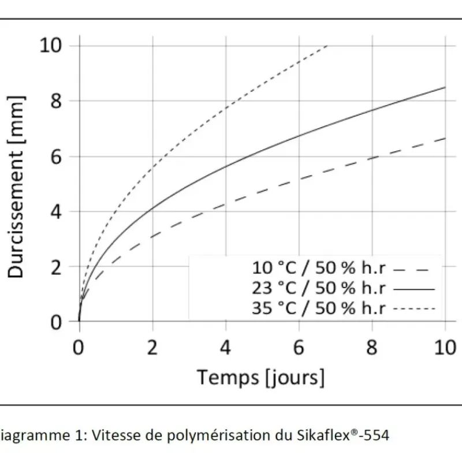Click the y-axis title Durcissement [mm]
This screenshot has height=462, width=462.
[x=16, y=187]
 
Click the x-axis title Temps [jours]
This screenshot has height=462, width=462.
[x=260, y=378]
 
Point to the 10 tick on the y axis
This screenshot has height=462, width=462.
[x=51, y=46]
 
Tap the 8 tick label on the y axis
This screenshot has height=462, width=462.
[x=56, y=100]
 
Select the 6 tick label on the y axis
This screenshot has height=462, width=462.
[x=56, y=157]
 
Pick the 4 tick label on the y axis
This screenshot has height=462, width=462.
[x=56, y=211]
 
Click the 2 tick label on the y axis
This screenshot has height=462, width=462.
[x=56, y=267]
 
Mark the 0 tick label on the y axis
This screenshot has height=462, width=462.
[x=56, y=322]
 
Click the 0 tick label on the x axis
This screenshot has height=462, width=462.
[x=79, y=348]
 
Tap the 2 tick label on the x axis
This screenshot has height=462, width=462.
[x=152, y=348]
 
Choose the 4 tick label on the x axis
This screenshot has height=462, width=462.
[x=225, y=348]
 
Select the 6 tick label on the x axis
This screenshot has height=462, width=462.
[x=299, y=348]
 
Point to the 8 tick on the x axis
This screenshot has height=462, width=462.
[x=371, y=348]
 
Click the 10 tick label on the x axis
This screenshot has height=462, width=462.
[x=445, y=348]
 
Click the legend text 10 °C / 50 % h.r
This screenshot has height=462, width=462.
[x=319, y=268]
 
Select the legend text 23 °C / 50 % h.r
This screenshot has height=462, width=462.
[x=319, y=288]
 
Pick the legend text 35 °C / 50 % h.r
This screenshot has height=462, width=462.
[x=319, y=308]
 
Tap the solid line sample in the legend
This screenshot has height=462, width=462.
[x=414, y=289]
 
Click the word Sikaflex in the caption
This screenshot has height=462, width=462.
[x=325, y=435]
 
